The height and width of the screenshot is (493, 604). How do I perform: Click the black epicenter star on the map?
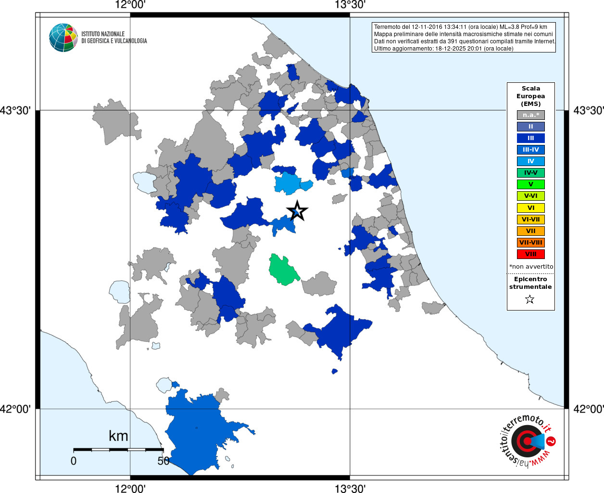[x=297, y=211]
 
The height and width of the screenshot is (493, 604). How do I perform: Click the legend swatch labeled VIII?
[x=530, y=254]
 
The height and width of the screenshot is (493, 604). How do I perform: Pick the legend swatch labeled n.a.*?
[x=530, y=115]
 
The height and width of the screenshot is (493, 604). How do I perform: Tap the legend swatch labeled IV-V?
[x=530, y=173]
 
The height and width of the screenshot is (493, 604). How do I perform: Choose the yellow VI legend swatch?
[x=530, y=208]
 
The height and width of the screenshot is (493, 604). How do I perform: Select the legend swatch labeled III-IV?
[x=530, y=150]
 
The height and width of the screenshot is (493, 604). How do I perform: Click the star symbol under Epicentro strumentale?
[x=530, y=299]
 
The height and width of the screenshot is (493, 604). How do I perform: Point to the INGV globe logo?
[x=63, y=38]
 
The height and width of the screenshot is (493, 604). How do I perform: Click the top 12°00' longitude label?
[x=130, y=5]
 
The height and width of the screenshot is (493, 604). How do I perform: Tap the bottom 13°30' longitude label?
[x=350, y=489]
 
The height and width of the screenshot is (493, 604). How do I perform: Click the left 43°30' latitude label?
[x=15, y=110]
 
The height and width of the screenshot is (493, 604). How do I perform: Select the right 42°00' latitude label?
[x=588, y=409]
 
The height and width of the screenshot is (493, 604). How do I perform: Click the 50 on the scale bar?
[x=164, y=461]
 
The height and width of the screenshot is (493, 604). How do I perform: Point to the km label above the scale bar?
[x=118, y=436]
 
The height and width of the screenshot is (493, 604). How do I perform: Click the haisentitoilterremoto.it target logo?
[x=527, y=441]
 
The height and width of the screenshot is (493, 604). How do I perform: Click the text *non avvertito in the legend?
[x=531, y=266]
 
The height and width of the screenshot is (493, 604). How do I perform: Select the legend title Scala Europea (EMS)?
[x=531, y=96]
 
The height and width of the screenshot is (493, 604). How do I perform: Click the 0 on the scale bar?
[x=74, y=461]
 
